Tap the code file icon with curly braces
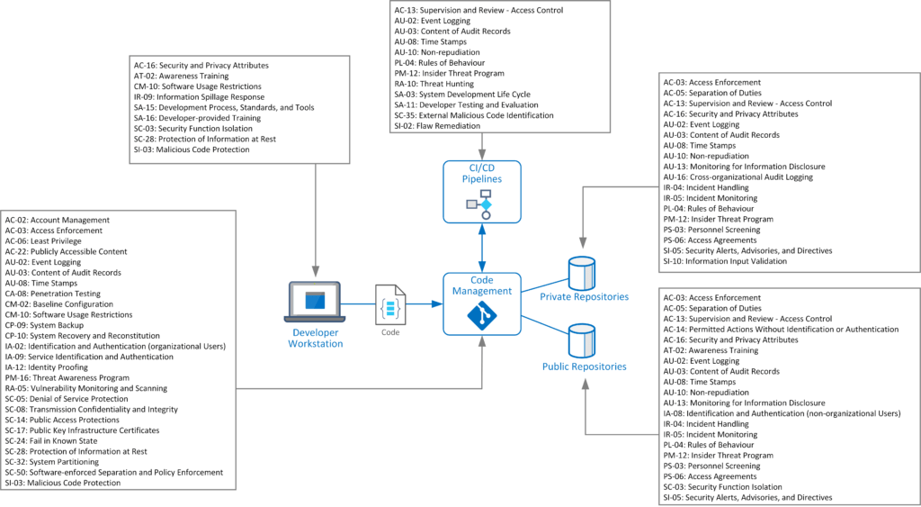click(390, 304)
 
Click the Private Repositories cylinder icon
click(583, 272)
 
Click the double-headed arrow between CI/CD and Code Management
click(481, 248)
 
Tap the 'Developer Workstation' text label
click(315, 338)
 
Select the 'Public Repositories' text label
click(584, 367)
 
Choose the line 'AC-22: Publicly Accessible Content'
click(66, 251)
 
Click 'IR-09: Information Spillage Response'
click(199, 97)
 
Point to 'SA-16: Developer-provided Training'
click(197, 118)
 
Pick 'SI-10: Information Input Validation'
click(724, 261)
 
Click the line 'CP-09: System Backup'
click(46, 325)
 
